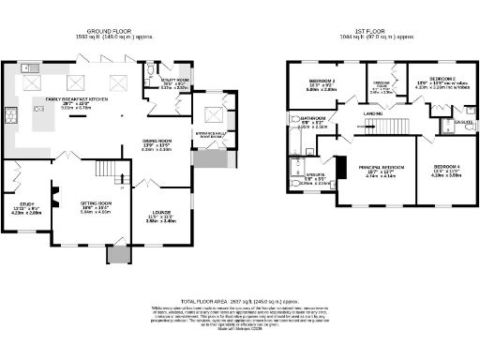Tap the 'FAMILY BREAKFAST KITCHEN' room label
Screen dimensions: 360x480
point(71,97)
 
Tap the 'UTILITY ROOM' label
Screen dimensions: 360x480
point(176,82)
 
